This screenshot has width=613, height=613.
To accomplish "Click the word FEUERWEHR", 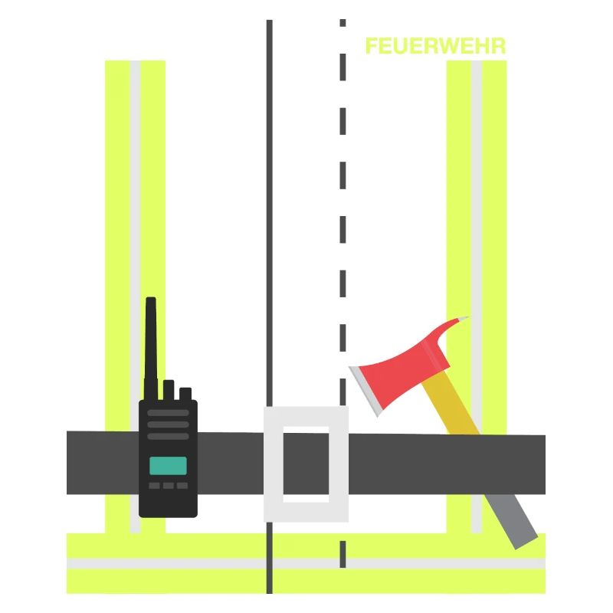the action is coord(435,46).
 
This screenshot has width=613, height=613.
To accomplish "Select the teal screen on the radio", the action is coord(168,466).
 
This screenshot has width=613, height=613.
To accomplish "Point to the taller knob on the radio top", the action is coord(169,390).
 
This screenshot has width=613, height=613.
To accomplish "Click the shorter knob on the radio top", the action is coord(185,394).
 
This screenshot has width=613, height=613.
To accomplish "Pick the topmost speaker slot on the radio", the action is coord(168,413).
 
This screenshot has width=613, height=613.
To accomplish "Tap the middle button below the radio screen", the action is coord(169,486).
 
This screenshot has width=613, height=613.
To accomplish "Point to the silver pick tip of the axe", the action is coord(464,319).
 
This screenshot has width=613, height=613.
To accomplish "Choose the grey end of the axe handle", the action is coord(511,522).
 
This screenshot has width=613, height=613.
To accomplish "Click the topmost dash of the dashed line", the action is coord(343,23).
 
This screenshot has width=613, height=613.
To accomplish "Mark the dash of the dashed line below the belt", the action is coord(343,554).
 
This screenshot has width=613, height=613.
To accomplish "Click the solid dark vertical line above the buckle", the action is coord(270,213).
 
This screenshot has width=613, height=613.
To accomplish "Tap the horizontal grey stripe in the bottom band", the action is coord(306,563).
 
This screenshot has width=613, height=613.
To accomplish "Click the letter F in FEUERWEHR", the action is coord(372,46).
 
